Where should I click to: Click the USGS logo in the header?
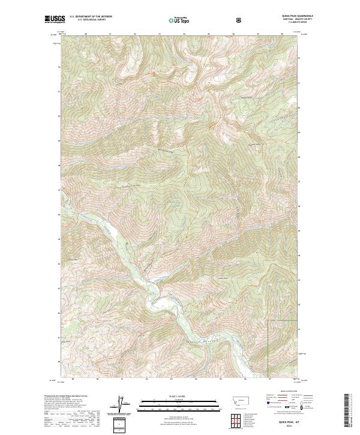(55, 19)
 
